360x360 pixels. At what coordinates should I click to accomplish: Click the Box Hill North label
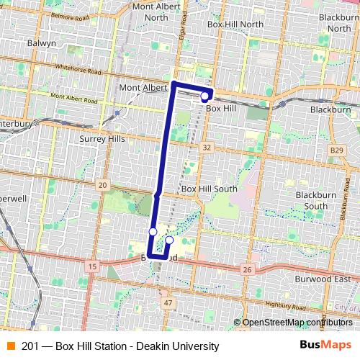(x=234, y=24)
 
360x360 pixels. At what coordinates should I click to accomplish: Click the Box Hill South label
(x=209, y=189)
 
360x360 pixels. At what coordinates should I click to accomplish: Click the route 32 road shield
(x=207, y=147)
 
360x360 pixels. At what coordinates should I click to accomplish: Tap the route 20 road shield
(x=102, y=185)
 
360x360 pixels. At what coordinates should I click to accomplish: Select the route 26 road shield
(x=247, y=270)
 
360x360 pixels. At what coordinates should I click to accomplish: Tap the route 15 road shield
(x=91, y=266)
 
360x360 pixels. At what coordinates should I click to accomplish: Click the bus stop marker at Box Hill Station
(x=204, y=96)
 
